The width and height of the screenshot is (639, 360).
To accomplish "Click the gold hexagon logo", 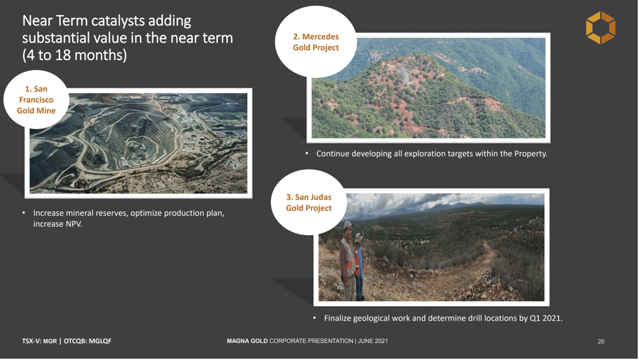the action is [600, 27].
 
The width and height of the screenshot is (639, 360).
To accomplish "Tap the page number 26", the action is [600, 341].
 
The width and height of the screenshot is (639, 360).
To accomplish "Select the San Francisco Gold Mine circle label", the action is [36, 99].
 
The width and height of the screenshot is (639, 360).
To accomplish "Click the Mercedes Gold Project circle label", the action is [316, 42].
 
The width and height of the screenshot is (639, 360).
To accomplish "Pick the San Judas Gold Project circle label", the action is [309, 202].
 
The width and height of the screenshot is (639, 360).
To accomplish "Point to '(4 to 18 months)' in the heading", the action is [75, 55].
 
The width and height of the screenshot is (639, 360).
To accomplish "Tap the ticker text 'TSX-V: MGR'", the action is [39, 341].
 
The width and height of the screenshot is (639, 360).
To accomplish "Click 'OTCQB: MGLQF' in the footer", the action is [87, 341].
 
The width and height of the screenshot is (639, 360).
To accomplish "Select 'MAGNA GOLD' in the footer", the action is [247, 341].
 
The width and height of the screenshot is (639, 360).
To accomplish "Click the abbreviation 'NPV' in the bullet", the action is [73, 224].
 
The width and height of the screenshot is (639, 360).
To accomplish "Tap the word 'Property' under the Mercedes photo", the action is [530, 154].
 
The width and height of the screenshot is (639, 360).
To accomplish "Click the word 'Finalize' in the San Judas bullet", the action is [337, 318].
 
